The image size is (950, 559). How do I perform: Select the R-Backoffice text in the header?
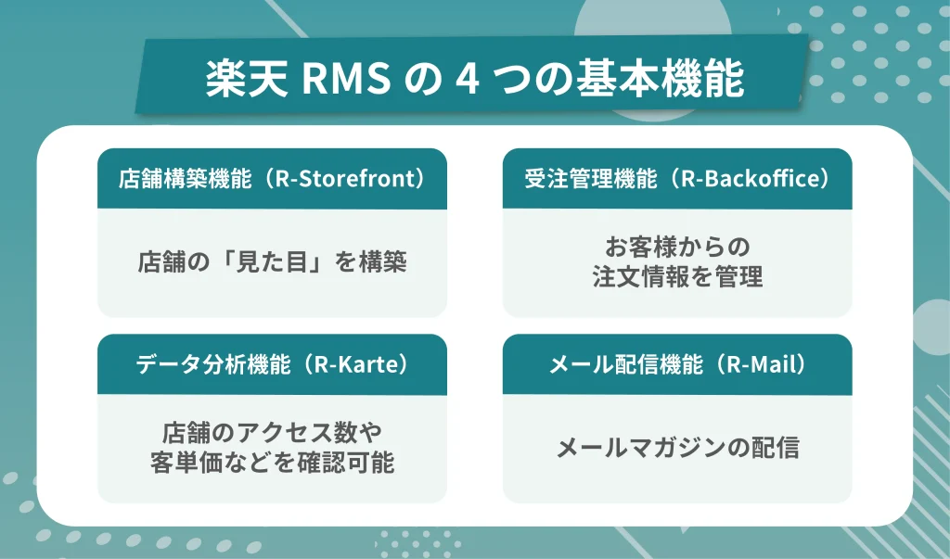click(x=753, y=179)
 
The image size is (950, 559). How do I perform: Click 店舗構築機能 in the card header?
click(x=185, y=179)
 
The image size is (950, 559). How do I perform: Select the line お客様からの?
click(x=676, y=248)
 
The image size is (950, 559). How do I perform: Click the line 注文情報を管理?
click(x=676, y=278)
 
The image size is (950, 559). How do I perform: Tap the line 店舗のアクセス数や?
click(x=272, y=433)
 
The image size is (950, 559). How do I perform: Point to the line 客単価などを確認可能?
click(x=272, y=463)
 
